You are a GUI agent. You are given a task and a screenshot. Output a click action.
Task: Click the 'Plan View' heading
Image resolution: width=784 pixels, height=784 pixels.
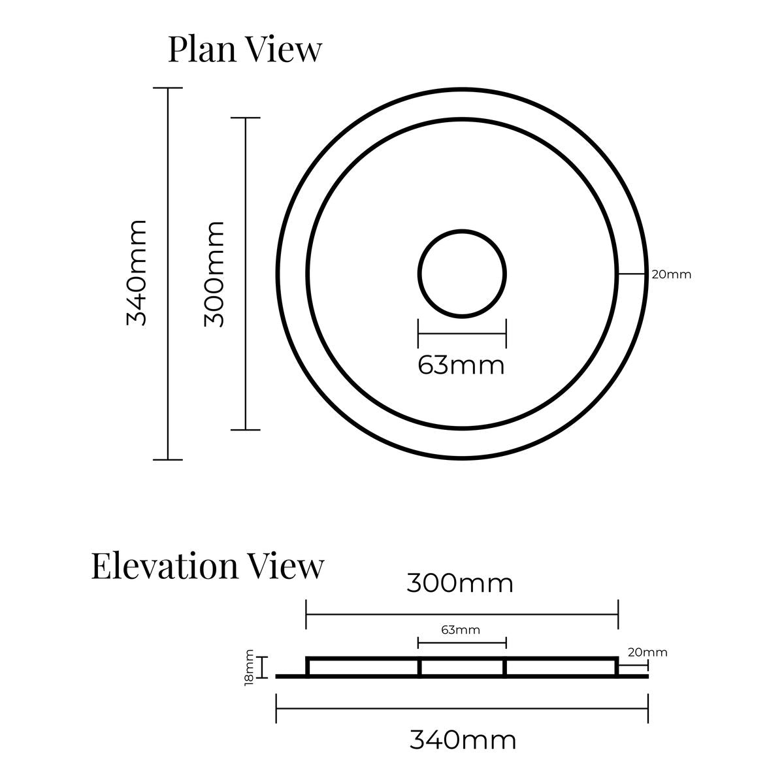[245, 50]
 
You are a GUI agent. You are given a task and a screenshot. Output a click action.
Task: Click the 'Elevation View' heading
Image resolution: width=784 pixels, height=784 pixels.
[208, 566]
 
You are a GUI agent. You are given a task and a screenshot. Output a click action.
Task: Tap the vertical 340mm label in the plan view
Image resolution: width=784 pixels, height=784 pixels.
[137, 273]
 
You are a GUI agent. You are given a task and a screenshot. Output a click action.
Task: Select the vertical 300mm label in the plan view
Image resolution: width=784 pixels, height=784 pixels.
[214, 274]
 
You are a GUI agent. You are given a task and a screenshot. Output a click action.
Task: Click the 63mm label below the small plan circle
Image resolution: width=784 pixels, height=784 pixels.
[461, 365]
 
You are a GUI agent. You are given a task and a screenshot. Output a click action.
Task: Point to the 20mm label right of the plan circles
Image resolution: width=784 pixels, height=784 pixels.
[672, 274]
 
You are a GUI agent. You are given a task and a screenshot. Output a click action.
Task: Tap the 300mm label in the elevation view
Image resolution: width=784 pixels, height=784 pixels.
[460, 583]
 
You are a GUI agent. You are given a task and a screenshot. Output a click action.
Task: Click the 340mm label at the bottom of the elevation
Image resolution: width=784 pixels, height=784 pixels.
[463, 740]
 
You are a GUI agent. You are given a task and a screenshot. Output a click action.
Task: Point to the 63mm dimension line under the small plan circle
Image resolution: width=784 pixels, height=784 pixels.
[462, 334]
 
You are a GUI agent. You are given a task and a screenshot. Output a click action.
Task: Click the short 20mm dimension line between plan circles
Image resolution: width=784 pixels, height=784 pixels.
[632, 274]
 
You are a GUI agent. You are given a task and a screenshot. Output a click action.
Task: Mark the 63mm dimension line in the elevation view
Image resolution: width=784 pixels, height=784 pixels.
[462, 643]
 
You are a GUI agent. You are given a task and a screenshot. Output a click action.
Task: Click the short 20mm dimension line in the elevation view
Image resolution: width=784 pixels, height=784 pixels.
[633, 666]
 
